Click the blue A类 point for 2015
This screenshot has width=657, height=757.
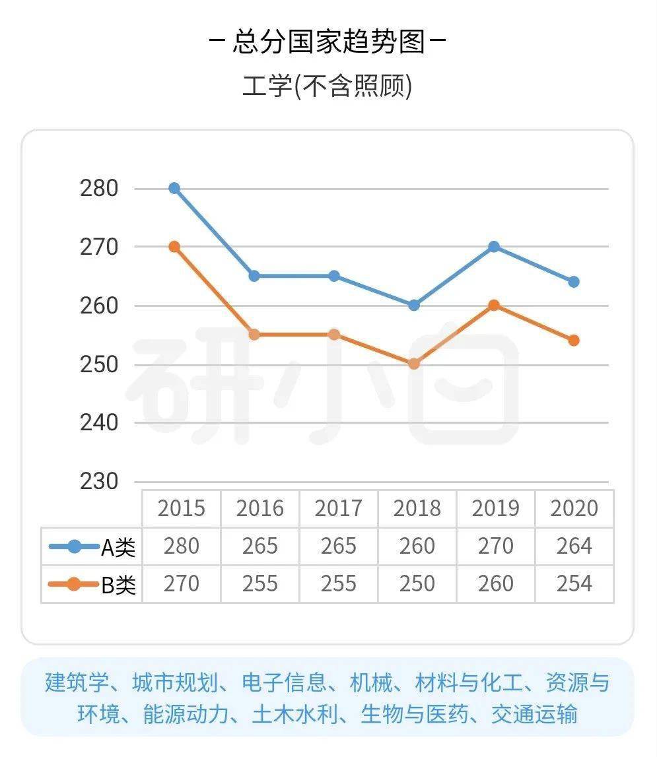pyautogui.click(x=174, y=188)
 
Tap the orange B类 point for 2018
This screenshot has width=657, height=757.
pyautogui.click(x=414, y=364)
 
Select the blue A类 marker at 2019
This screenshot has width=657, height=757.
pyautogui.click(x=494, y=247)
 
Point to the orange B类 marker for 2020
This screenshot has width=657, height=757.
pyautogui.click(x=574, y=341)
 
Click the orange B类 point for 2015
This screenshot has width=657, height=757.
pyautogui.click(x=174, y=247)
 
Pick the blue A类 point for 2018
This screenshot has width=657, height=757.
pyautogui.click(x=414, y=305)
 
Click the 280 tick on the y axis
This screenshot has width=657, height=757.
pyautogui.click(x=100, y=189)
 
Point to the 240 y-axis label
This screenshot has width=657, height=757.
pyautogui.click(x=100, y=422)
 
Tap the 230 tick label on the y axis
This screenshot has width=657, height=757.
pyautogui.click(x=100, y=481)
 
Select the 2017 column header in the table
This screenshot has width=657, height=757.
pyautogui.click(x=339, y=508)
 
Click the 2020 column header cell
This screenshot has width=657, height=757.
pyautogui.click(x=574, y=508)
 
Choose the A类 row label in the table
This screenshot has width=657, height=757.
pyautogui.click(x=92, y=546)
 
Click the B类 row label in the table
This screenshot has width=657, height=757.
pyautogui.click(x=92, y=585)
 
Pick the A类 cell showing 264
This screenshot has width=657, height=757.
pyautogui.click(x=574, y=546)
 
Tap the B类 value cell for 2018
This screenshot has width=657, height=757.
pyautogui.click(x=417, y=584)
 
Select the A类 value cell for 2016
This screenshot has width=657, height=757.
pyautogui.click(x=260, y=546)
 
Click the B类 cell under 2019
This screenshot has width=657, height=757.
pyautogui.click(x=496, y=584)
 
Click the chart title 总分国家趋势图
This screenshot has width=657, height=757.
pyautogui.click(x=328, y=43)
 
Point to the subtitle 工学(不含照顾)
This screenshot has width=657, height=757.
pyautogui.click(x=328, y=86)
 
